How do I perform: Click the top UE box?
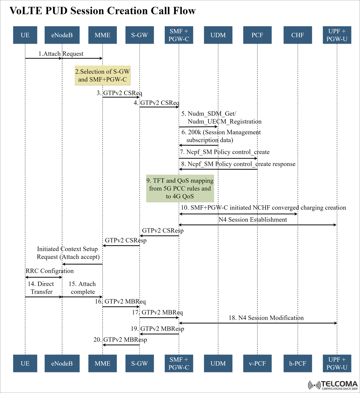click(25, 35)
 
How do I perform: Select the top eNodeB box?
click(62, 35)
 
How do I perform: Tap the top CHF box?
click(298, 35)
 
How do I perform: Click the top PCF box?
click(257, 35)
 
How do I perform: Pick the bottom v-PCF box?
click(257, 363)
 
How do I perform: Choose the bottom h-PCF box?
click(298, 363)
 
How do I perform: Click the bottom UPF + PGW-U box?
click(337, 363)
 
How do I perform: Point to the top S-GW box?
click(139, 35)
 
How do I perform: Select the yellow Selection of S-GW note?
click(103, 76)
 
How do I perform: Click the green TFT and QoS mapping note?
click(180, 189)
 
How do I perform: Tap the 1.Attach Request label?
click(61, 54)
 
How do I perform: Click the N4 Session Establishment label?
click(253, 220)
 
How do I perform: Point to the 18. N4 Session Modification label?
click(266, 318)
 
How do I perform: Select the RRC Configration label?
click(49, 271)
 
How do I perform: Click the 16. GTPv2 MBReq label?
click(120, 301)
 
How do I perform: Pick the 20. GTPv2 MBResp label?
click(120, 340)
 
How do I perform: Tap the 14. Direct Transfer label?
click(41, 288)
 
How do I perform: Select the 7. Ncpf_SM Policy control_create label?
click(225, 152)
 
